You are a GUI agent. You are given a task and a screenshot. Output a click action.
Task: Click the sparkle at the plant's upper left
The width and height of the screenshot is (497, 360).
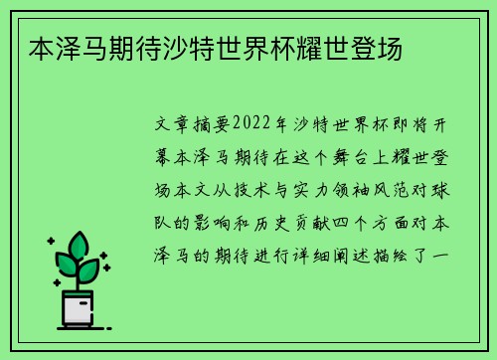50,241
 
